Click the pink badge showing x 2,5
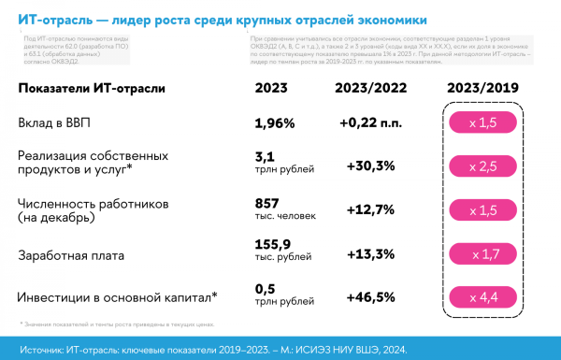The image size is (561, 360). pos(482,166)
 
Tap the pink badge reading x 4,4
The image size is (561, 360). pos(482,297)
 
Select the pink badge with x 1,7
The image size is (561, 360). pos(482,253)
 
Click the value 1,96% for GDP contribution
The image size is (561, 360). pos(275,123)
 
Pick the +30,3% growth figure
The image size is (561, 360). pos(370,166)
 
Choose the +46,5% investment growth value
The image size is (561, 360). pos(370,297)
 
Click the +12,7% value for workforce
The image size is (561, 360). pos(370,210)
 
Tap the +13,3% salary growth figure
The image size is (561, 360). pos(370,253)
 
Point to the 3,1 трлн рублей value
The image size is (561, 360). pos(277,166)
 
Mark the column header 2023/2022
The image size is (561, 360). pos(370,88)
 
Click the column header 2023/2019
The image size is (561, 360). pos(482,88)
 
